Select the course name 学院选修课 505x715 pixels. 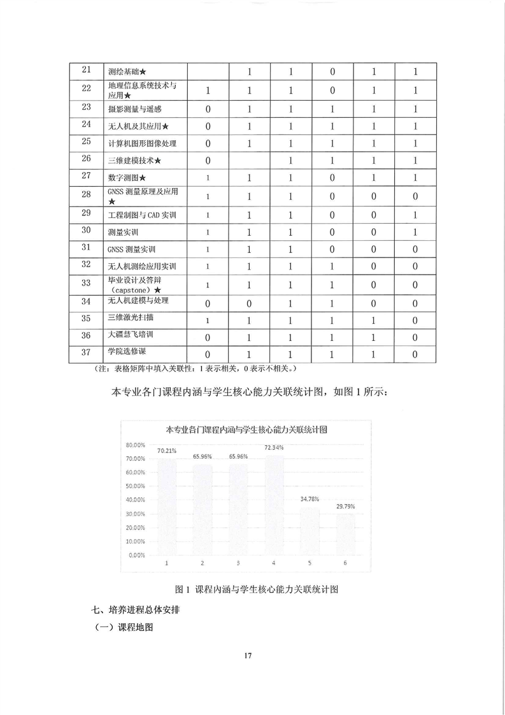(126, 352)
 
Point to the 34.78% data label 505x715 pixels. (308, 499)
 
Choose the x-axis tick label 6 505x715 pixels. (344, 563)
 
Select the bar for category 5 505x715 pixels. (308, 530)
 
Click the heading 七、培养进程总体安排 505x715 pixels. (138, 610)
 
